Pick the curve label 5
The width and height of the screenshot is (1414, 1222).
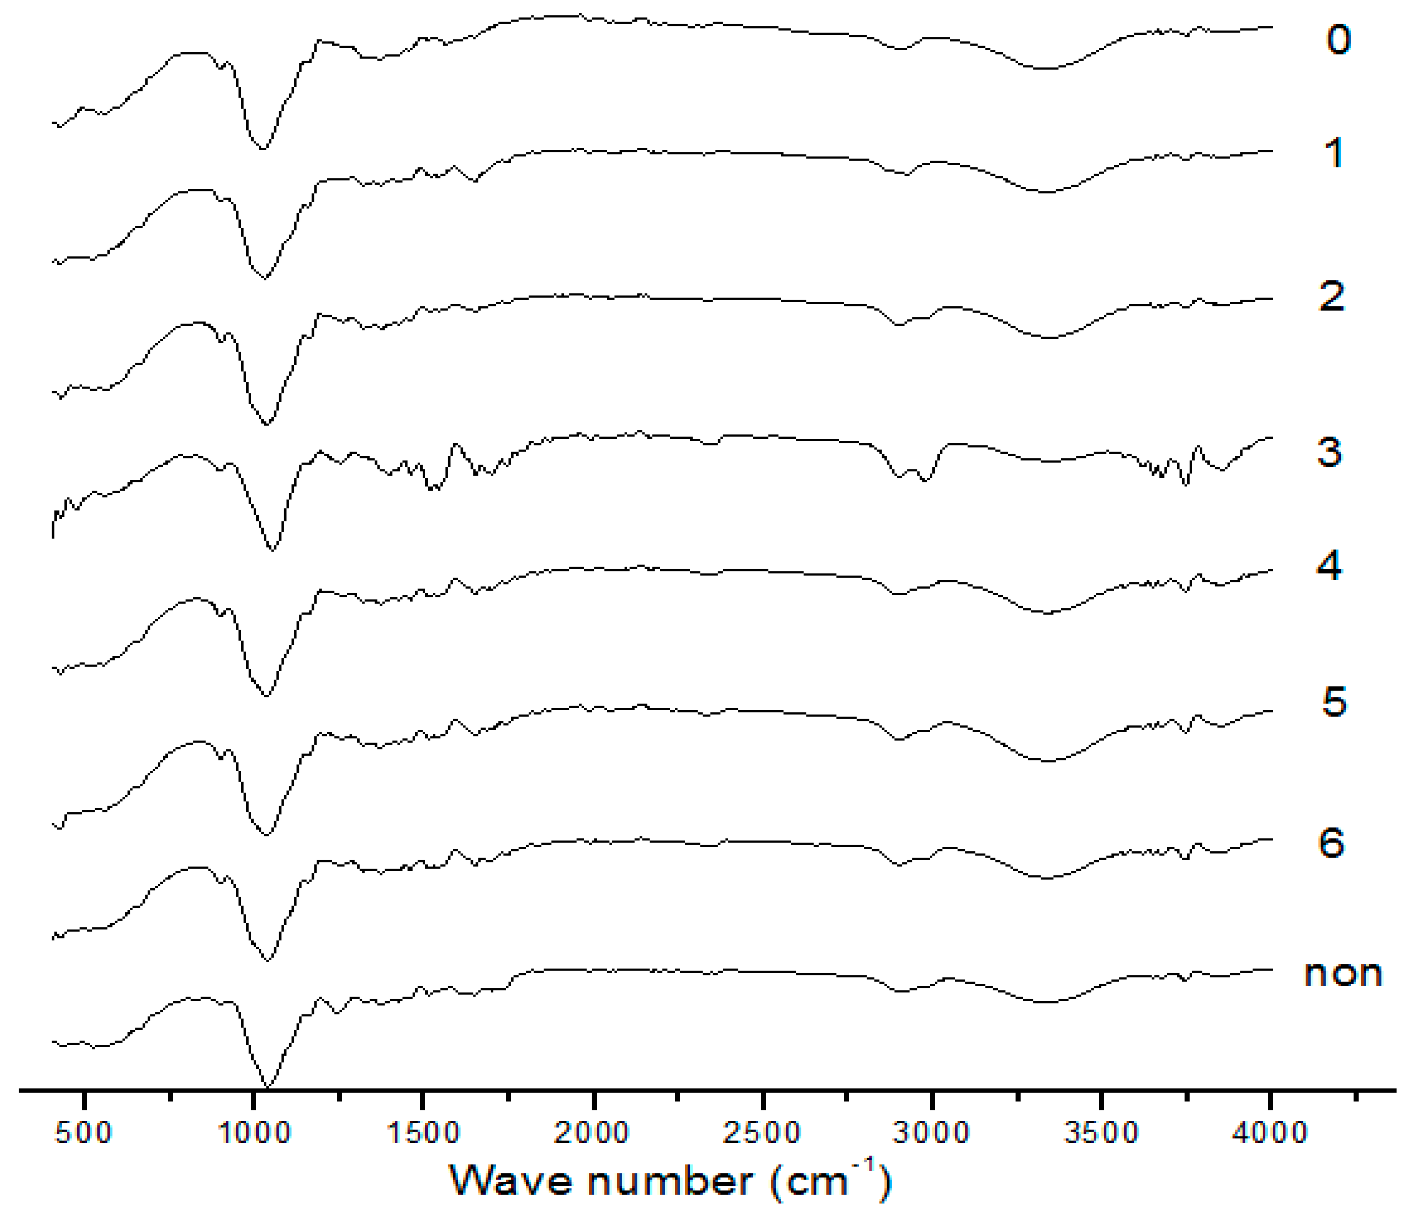point(1334,701)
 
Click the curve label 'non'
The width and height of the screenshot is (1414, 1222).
point(1342,974)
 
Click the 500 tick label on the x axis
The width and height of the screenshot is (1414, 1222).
point(83,1133)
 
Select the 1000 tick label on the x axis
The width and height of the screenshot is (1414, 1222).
point(254,1133)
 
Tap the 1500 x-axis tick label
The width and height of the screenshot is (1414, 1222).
point(423,1133)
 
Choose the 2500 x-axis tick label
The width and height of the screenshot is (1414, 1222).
point(762,1133)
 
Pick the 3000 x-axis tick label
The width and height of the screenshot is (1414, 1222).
point(931,1133)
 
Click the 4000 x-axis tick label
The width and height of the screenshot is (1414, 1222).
point(1269,1133)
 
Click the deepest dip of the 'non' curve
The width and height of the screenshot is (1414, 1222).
point(267,1087)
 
